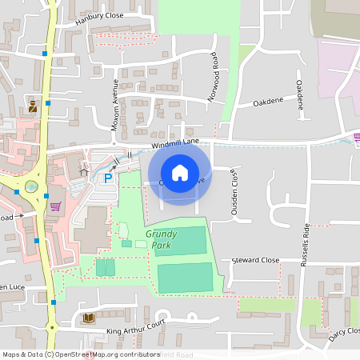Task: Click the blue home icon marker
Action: (x=180, y=173)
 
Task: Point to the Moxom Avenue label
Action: (x=115, y=103)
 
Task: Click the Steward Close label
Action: (x=255, y=261)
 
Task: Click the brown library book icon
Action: (x=88, y=318)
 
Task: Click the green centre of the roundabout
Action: (x=31, y=186)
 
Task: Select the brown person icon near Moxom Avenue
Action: (x=33, y=105)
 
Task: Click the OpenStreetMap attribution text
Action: (x=80, y=354)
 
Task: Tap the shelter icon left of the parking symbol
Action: (x=82, y=170)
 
